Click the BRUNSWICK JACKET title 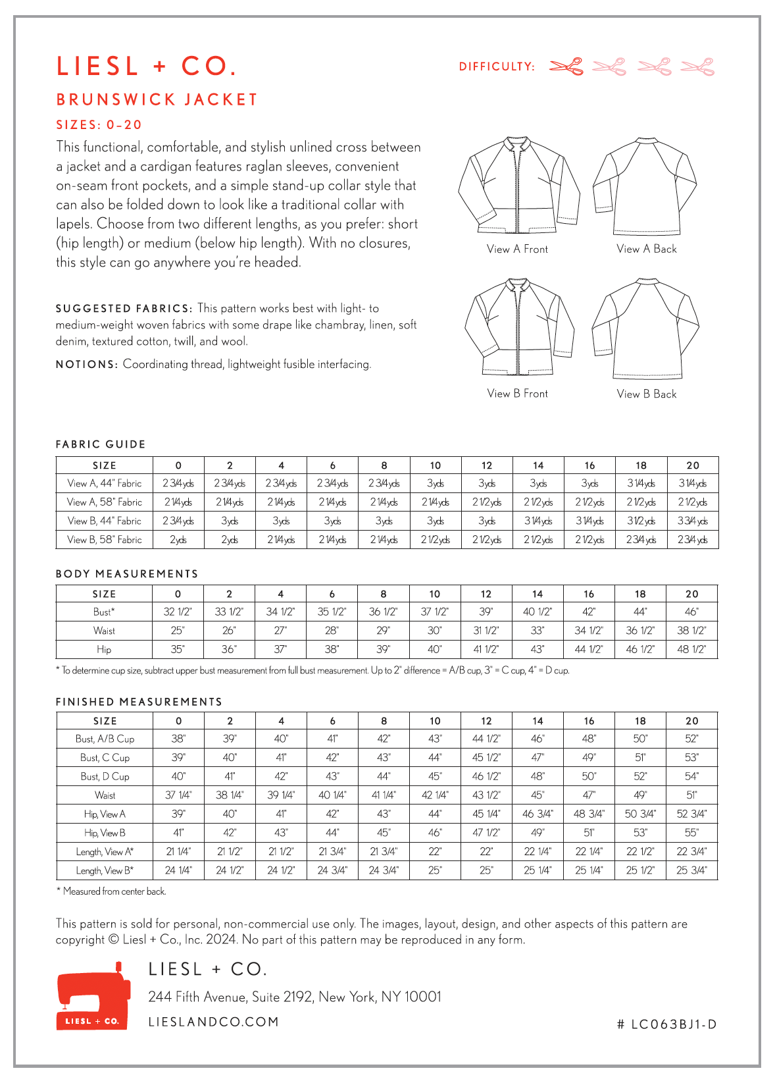[157, 99]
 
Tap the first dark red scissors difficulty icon [566, 66]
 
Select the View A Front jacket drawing [518, 186]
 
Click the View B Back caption [646, 394]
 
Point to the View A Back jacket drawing [645, 186]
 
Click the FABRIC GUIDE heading [101, 444]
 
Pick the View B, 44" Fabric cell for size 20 [692, 521]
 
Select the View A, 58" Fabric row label [105, 502]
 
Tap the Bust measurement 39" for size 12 [486, 612]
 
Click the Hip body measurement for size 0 [178, 649]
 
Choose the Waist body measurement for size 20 [691, 630]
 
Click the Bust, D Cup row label [105, 776]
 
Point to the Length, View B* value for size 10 [435, 870]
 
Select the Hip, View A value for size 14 [537, 814]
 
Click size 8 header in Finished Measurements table [384, 721]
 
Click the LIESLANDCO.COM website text [214, 1022]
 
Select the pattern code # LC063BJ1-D [667, 1024]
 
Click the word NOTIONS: [87, 365]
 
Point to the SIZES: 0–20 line [99, 125]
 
